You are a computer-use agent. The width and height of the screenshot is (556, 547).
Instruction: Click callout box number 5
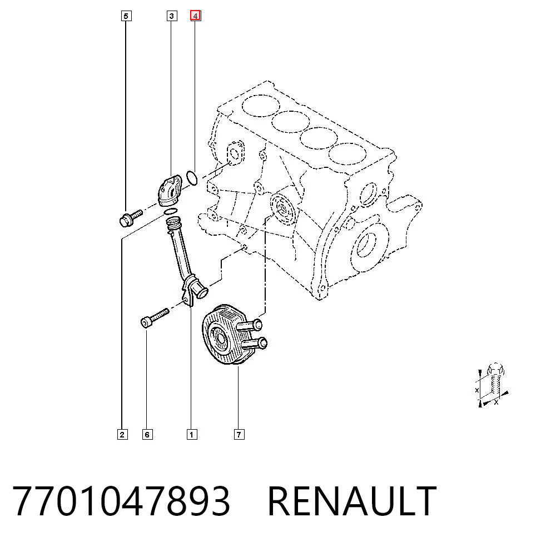pyautogui.click(x=126, y=16)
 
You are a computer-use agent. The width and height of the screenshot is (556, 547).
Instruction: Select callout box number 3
pyautogui.click(x=172, y=16)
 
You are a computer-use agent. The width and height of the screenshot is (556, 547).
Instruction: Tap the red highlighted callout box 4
pyautogui.click(x=195, y=16)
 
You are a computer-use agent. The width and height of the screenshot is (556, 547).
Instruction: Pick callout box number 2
pyautogui.click(x=122, y=434)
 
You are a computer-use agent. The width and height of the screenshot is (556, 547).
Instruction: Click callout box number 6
pyautogui.click(x=147, y=434)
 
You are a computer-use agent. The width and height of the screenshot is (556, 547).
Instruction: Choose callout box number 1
pyautogui.click(x=192, y=434)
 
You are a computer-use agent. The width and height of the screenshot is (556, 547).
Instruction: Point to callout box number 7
pyautogui.click(x=239, y=434)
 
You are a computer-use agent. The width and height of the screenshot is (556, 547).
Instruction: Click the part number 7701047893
pyautogui.click(x=121, y=500)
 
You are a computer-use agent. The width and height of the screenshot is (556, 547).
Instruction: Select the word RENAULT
pyautogui.click(x=352, y=500)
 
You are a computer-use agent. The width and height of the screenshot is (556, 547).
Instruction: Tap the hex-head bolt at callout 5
pyautogui.click(x=131, y=218)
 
